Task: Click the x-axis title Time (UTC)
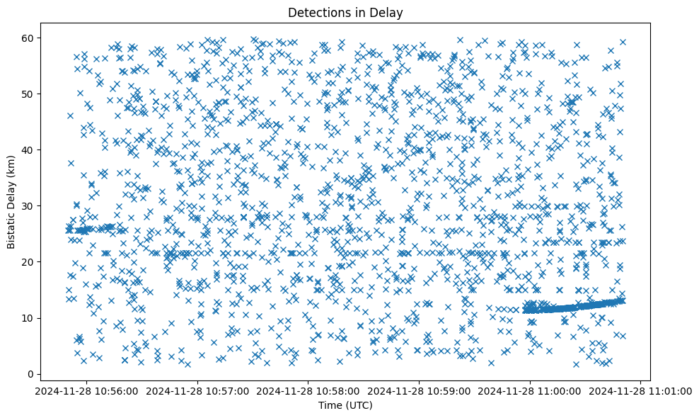(346, 405)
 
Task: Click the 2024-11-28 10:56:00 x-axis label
(88, 390)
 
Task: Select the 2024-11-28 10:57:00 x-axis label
(199, 390)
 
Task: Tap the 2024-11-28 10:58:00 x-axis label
(309, 390)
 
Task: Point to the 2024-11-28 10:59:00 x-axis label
(420, 390)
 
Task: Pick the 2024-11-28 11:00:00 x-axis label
(531, 390)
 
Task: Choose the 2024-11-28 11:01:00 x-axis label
(642, 390)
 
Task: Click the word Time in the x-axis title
(332, 405)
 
